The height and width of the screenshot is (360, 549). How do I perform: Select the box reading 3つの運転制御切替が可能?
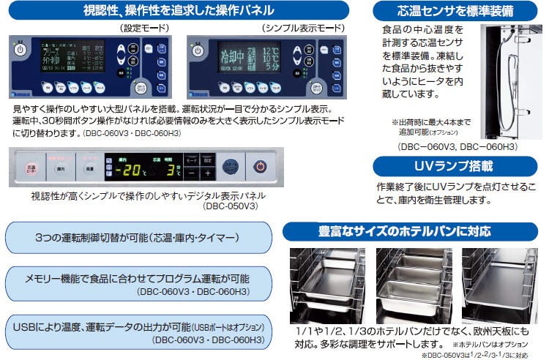point(135,239)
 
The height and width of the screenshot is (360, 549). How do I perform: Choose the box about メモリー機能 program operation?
point(135,283)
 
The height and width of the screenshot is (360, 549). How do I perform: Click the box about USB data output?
point(135,330)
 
